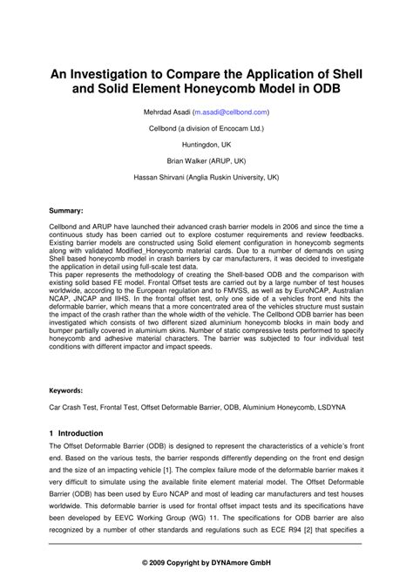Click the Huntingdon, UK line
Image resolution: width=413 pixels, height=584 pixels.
click(206, 145)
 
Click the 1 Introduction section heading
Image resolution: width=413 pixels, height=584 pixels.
click(76, 433)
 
